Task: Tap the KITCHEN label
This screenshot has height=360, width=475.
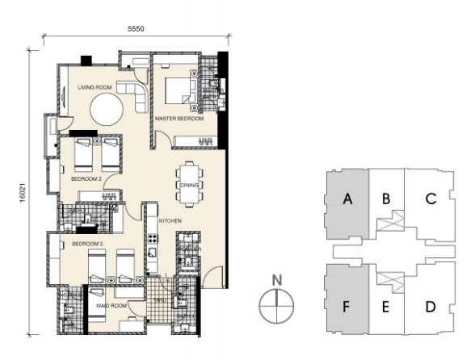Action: [169, 220]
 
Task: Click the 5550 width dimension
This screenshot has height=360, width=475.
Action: [137, 28]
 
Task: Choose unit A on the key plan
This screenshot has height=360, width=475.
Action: [347, 202]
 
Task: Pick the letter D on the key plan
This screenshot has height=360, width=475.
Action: [430, 306]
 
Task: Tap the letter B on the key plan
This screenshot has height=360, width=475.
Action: [386, 198]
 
